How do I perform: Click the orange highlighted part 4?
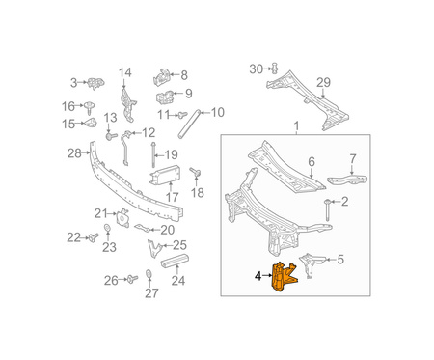284,277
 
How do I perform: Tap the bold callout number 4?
258,276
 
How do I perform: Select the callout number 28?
74,153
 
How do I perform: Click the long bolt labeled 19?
153,155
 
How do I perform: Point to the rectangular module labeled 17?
165,176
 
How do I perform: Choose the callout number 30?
257,69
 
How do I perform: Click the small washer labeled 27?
149,274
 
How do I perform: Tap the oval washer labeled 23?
107,228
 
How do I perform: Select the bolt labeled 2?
327,209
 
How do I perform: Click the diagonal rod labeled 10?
189,124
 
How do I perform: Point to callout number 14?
125,72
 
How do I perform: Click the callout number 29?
323,82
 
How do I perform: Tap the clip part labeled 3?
95,83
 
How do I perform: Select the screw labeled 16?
89,107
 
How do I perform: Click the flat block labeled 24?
175,260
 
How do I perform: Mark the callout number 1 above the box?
296,126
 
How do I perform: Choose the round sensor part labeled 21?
122,217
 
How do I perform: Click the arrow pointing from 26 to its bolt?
122,279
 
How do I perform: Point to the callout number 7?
353,158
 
